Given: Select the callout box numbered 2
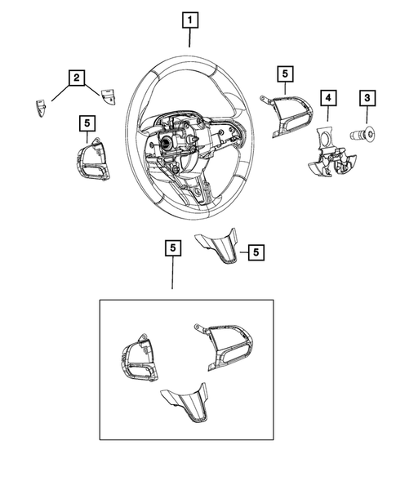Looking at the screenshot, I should [75, 78].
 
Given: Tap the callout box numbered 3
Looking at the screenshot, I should [367, 99].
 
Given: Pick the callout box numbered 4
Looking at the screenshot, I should [327, 99].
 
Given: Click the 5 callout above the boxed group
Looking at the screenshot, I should [171, 245].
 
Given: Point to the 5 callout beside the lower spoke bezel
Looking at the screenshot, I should [256, 252].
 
